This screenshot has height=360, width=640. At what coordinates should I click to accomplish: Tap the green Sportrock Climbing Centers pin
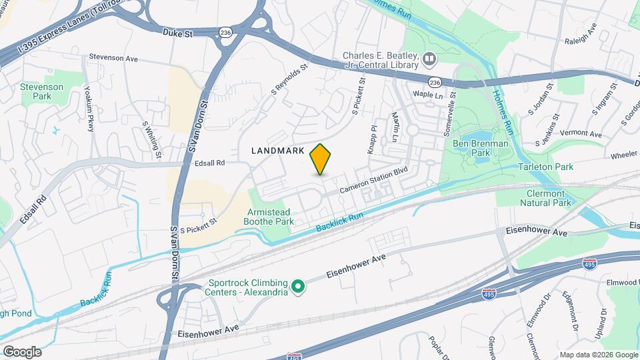coord(299,288)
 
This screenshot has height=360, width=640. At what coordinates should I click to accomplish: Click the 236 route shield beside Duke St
coord(226,32)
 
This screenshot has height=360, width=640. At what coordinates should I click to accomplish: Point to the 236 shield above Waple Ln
coord(435,82)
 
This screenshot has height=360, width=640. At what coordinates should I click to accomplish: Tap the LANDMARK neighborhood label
coord(277,151)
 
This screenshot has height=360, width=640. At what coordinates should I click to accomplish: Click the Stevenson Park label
coord(41,91)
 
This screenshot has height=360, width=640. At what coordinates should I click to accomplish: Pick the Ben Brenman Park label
coord(480,148)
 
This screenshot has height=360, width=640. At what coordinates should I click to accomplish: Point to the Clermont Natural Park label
coord(545,197)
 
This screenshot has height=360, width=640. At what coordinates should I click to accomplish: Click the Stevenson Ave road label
coord(113,58)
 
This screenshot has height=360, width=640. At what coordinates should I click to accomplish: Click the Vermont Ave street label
coord(563,133)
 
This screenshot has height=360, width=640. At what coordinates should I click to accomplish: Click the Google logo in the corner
coord(22,351)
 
